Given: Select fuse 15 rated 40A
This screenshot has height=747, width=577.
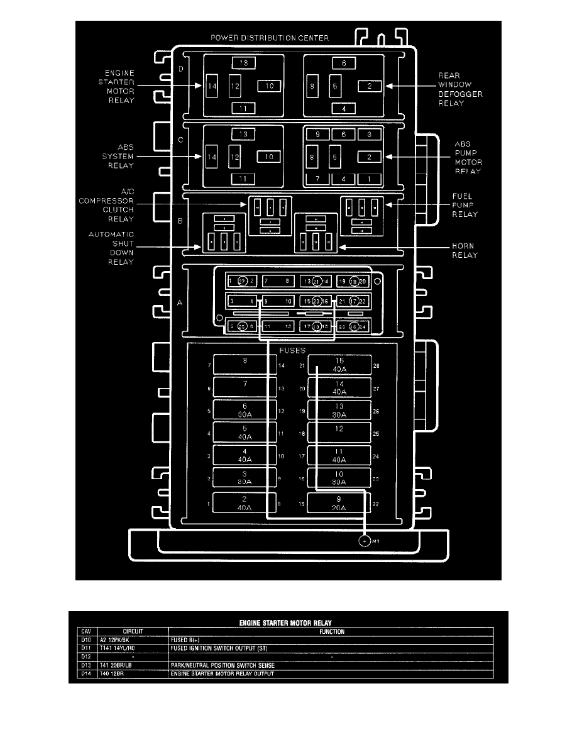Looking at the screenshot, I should (339, 365).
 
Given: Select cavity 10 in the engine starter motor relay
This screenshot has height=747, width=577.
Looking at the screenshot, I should (268, 86).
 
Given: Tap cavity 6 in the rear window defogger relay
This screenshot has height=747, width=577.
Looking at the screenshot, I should (344, 64).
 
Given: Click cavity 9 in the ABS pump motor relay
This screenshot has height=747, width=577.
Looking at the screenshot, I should (317, 135).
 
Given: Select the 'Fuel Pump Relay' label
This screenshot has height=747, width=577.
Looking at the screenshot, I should (465, 205).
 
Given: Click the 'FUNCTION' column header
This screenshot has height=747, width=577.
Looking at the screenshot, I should (331, 632).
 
